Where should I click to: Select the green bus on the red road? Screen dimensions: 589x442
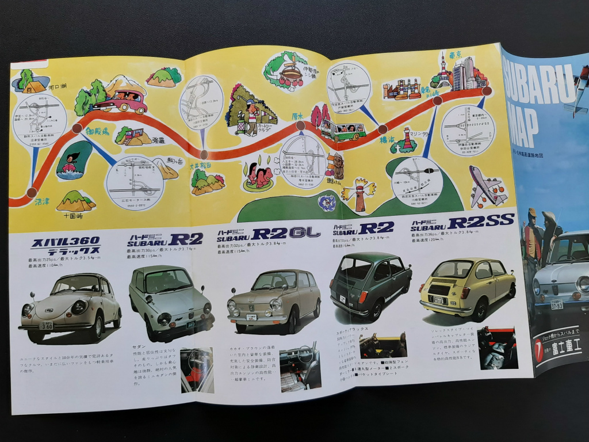[343, 131]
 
